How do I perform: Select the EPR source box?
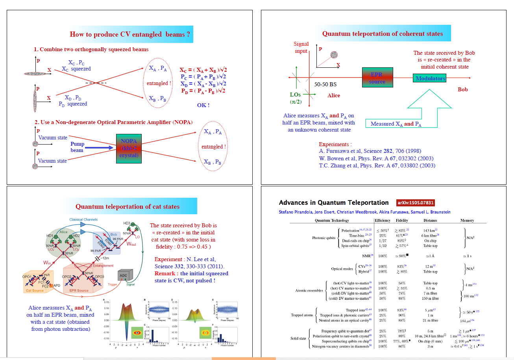pyautogui.click(x=377, y=78)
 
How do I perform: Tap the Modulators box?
pyautogui.click(x=431, y=78)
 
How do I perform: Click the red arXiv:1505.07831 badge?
pyautogui.click(x=416, y=203)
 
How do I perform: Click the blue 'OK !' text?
pyautogui.click(x=203, y=105)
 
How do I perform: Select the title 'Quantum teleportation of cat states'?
pyautogui.click(x=128, y=206)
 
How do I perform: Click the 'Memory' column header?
pyautogui.click(x=467, y=221)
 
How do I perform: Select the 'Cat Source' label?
pyautogui.click(x=35, y=291)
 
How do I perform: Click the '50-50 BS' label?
pyautogui.click(x=325, y=84)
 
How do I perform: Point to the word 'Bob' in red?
pyautogui.click(x=463, y=90)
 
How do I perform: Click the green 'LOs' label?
pyautogui.click(x=295, y=95)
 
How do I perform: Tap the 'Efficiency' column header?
pyautogui.click(x=383, y=221)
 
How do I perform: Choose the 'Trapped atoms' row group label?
pyautogui.click(x=302, y=315)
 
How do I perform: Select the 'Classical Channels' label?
pyautogui.click(x=83, y=219)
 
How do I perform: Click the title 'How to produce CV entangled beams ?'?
pyautogui.click(x=130, y=34)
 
